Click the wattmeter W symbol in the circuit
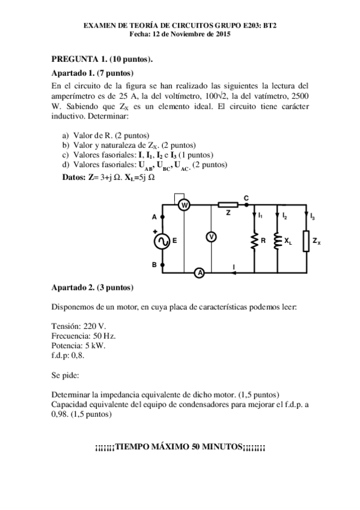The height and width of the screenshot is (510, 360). pos(185,206)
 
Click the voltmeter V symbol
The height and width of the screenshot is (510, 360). pos(212,237)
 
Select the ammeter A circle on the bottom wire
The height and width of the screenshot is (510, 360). pos(201,272)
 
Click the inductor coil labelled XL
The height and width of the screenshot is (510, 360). pos(278,241)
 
